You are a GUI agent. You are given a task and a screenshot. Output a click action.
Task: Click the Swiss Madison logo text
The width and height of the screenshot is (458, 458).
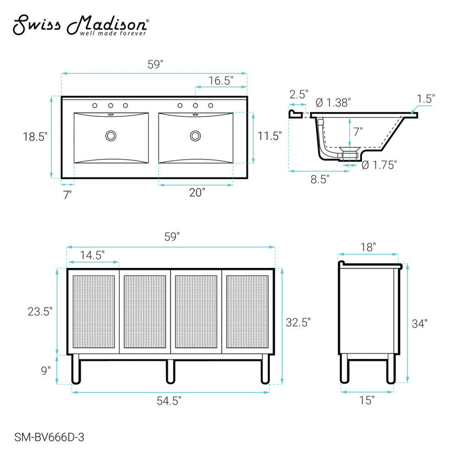(81, 26)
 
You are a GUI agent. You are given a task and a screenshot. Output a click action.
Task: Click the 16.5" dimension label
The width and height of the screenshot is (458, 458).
(220, 81)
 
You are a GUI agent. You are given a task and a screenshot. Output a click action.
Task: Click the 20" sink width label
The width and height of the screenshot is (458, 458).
(196, 193)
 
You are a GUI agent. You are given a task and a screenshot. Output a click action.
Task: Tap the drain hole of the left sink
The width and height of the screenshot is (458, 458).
(110, 136)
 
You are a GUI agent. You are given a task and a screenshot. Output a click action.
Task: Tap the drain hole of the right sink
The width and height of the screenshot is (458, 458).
(196, 136)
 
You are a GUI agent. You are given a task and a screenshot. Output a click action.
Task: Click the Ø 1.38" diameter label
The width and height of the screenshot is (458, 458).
(333, 102)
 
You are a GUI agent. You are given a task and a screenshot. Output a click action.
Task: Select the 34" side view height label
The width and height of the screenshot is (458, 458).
(420, 323)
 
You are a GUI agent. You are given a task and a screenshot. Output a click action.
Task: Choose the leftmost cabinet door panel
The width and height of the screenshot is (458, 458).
(93, 311)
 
